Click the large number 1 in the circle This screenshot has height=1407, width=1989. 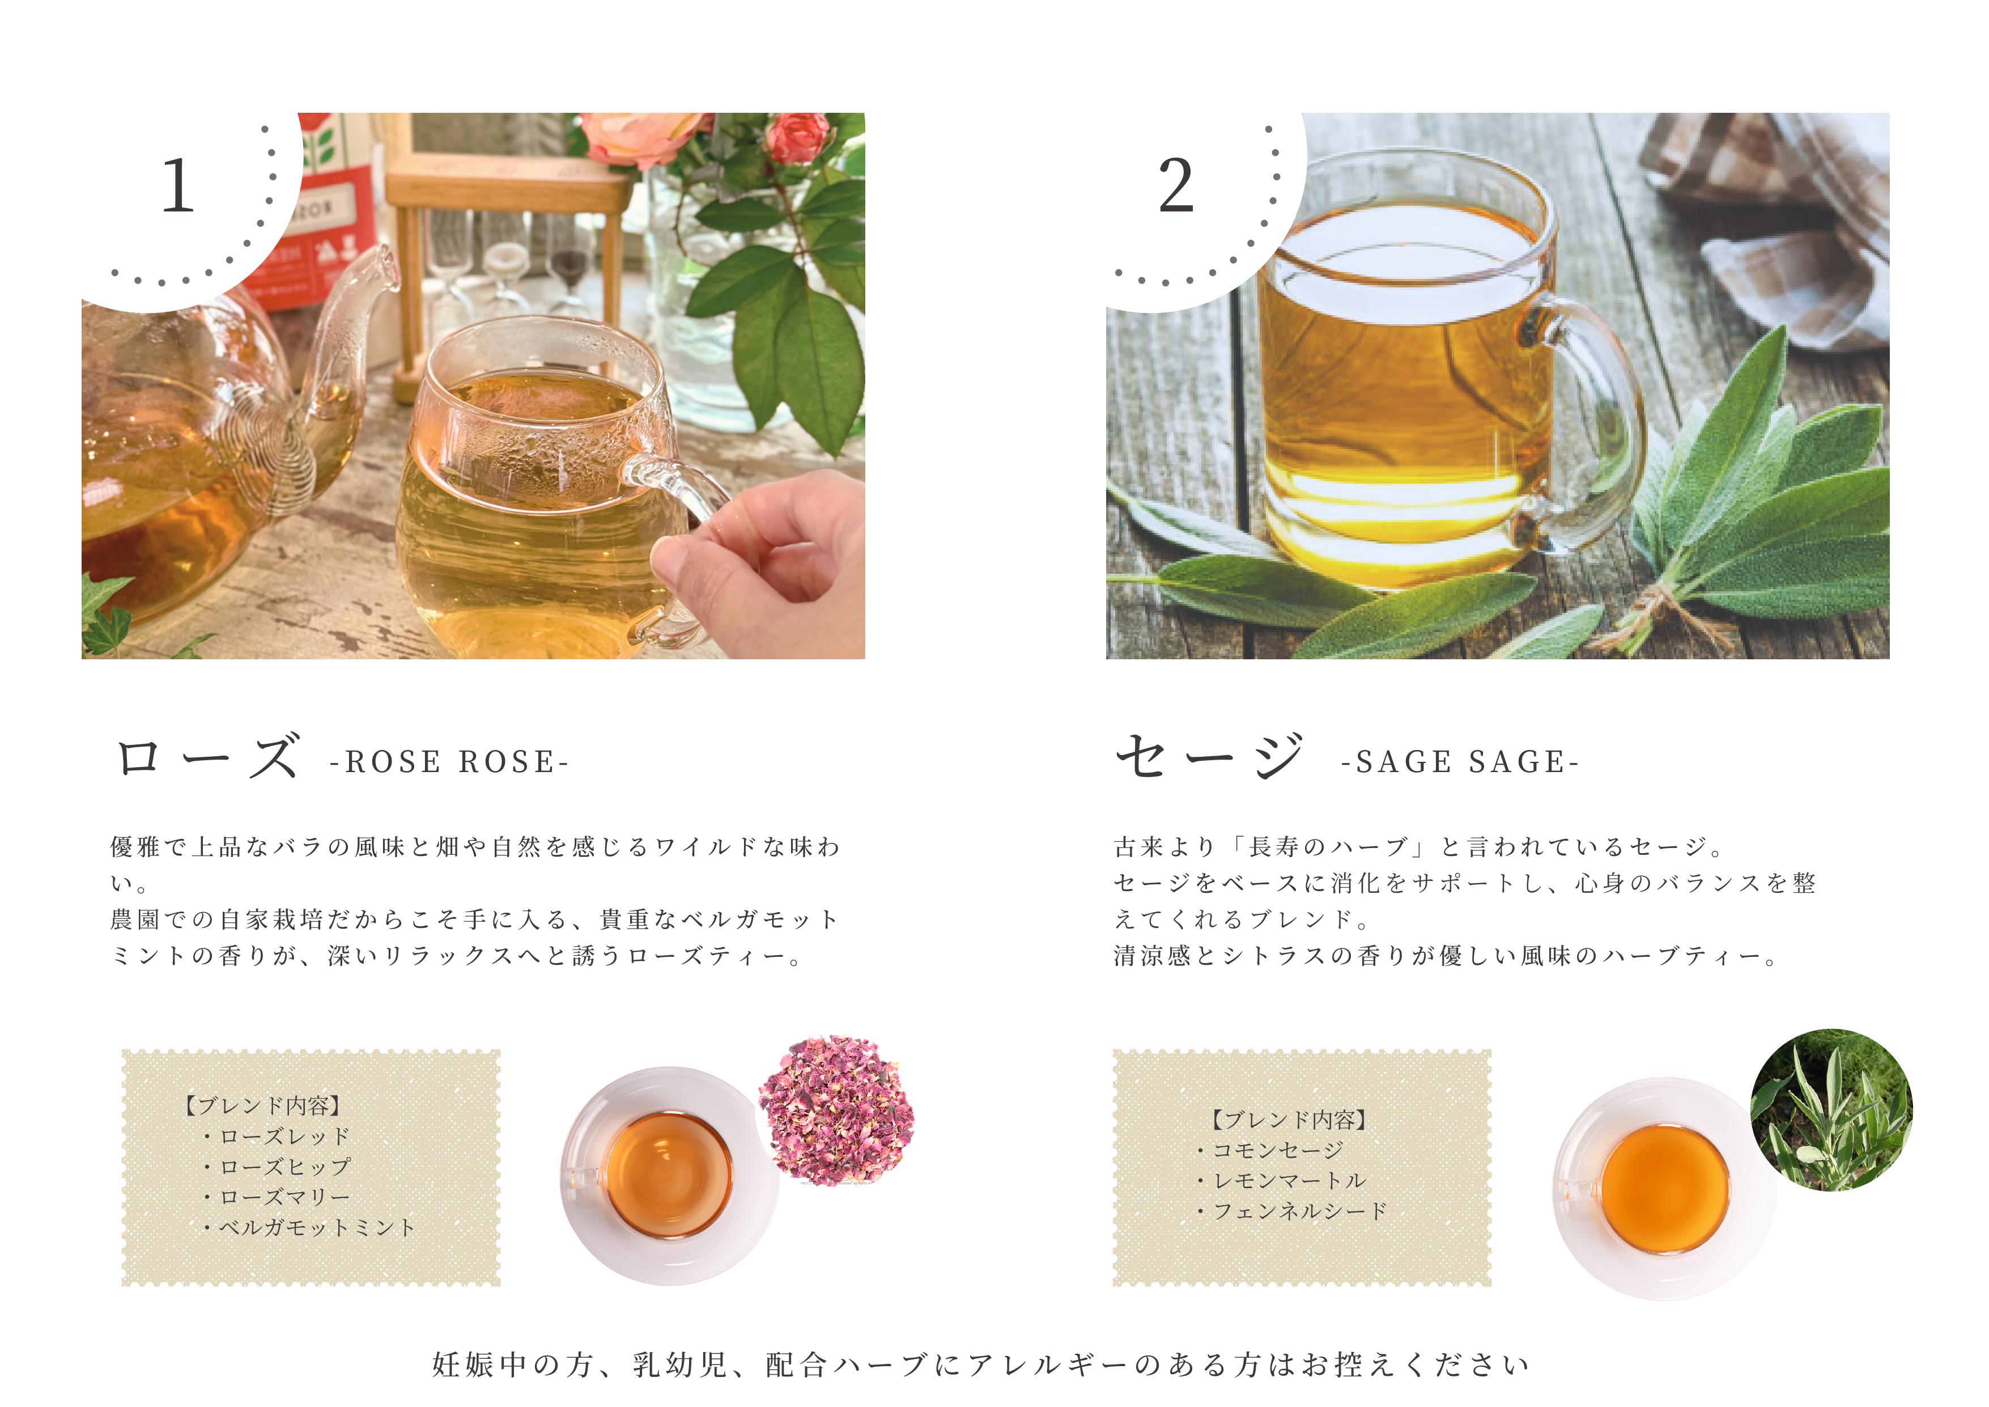pyautogui.click(x=178, y=185)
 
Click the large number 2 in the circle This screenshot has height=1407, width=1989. pyautogui.click(x=1176, y=185)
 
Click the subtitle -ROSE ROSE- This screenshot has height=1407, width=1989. pyautogui.click(x=449, y=762)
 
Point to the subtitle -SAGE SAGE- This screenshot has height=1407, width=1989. pyautogui.click(x=1460, y=762)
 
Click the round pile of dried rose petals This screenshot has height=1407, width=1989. pyautogui.click(x=836, y=1108)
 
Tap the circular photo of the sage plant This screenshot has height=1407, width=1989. pyautogui.click(x=1831, y=1110)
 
